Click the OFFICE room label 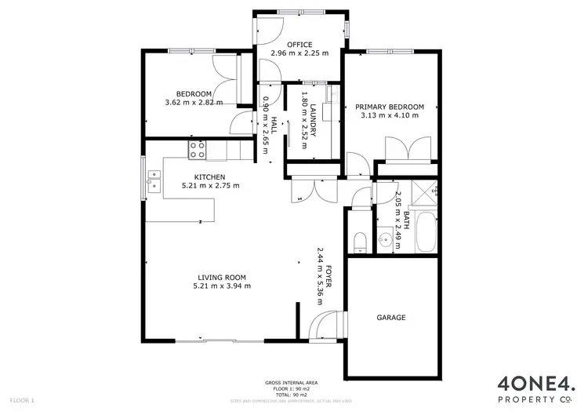coord(299,45)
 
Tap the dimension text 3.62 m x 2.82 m coord(194,103)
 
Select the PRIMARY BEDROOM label coord(390,107)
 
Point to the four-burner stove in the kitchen coord(196,147)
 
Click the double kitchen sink coord(154,186)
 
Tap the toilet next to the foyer coord(359,242)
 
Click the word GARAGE coord(391,318)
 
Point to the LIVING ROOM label coord(222,277)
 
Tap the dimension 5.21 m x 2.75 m coord(210,186)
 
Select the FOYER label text coord(329,276)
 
